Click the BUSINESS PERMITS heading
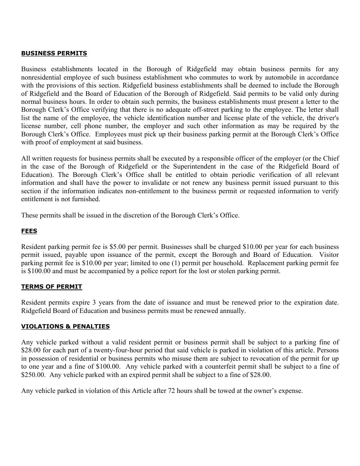pyautogui.click(x=54, y=53)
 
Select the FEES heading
pyautogui.click(x=29, y=231)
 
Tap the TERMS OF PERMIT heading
pyautogui.click(x=52, y=287)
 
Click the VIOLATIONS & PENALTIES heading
pyautogui.click(x=66, y=327)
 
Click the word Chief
pyautogui.click(x=331, y=158)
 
